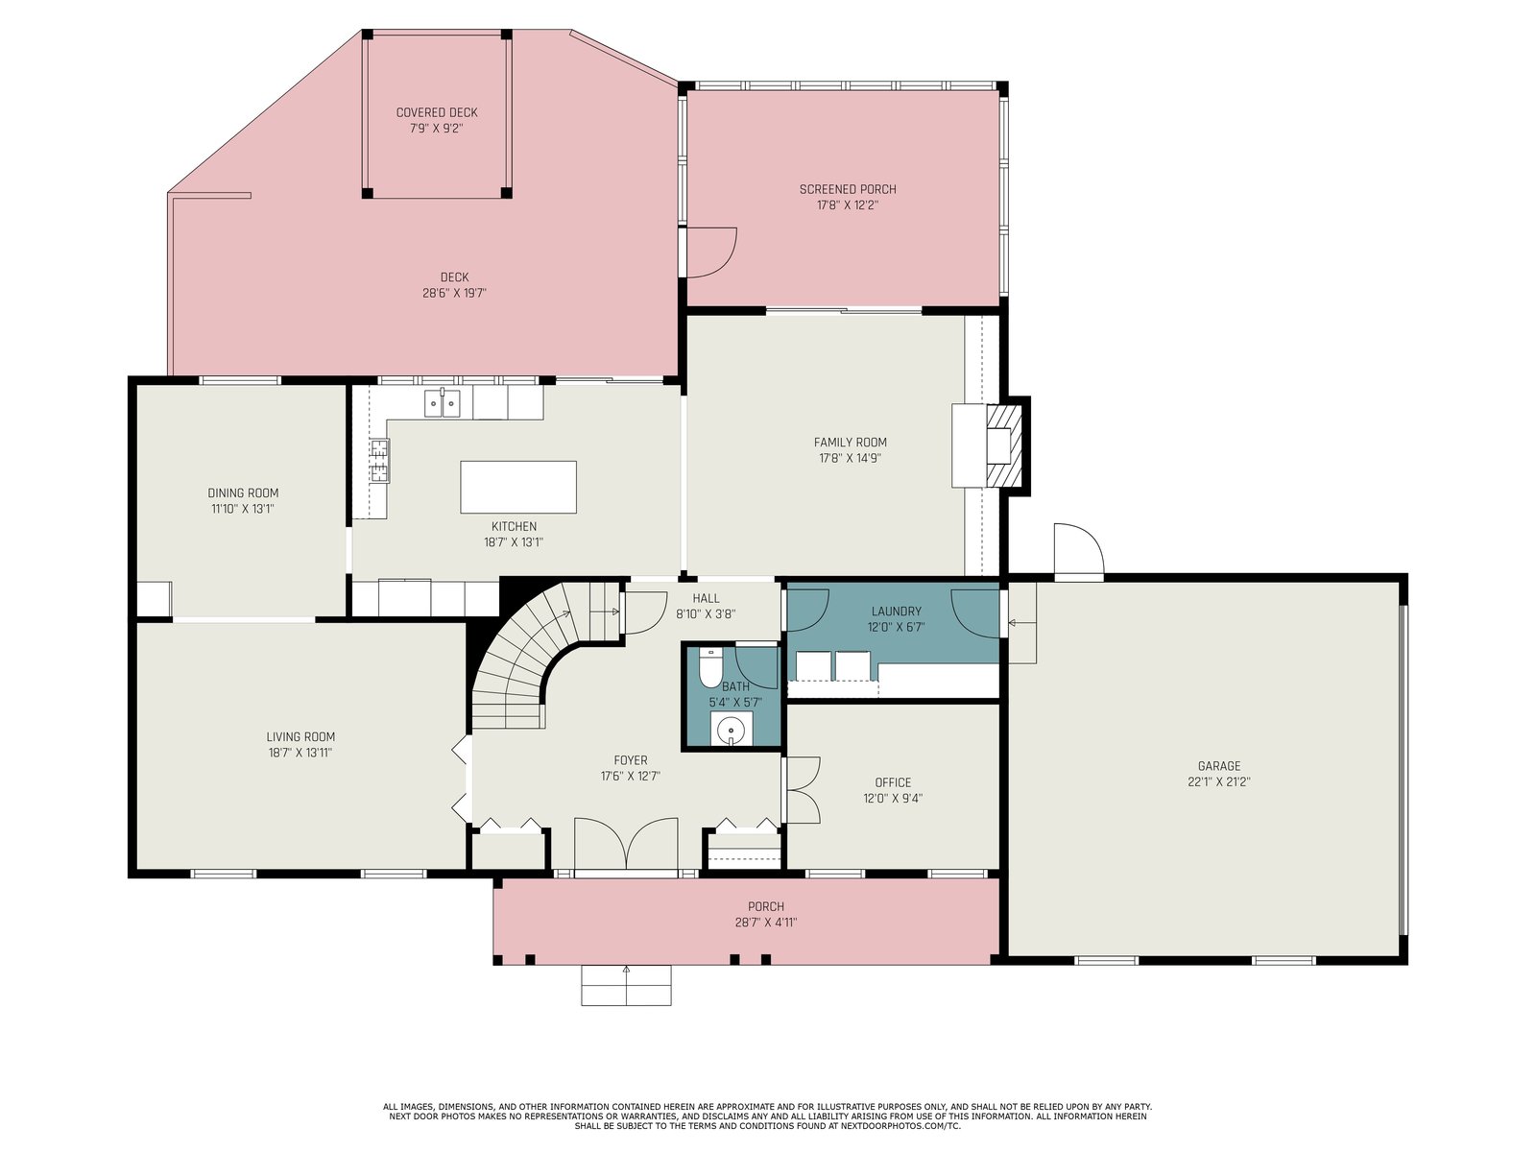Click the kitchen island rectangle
click(x=517, y=487)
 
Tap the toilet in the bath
click(x=709, y=667)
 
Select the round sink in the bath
click(x=732, y=731)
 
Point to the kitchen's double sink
click(x=443, y=403)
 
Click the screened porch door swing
click(x=711, y=252)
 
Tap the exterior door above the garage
click(x=1078, y=551)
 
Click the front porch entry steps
click(x=626, y=985)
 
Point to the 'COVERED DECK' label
click(x=437, y=112)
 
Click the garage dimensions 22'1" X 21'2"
click(x=1218, y=782)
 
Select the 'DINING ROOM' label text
click(x=243, y=493)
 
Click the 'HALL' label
click(x=706, y=598)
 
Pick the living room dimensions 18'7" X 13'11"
click(x=300, y=753)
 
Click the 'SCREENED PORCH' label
click(x=848, y=189)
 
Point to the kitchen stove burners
click(x=380, y=460)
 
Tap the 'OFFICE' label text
click(x=893, y=782)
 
